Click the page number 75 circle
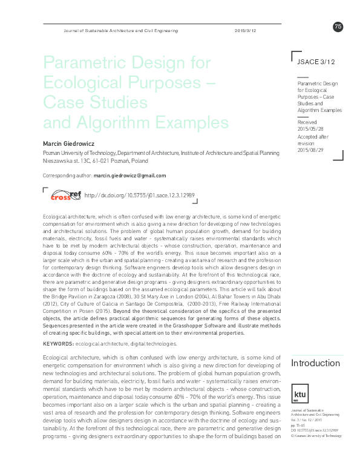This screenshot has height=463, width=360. pyautogui.click(x=338, y=25)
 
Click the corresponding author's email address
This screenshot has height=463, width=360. pyautogui.click(x=129, y=176)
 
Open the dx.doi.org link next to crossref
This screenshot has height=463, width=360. pyautogui.click(x=139, y=196)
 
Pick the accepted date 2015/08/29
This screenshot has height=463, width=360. pyautogui.click(x=312, y=150)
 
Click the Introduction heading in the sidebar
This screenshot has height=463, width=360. pyautogui.click(x=315, y=363)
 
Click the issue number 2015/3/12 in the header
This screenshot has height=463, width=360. pyautogui.click(x=246, y=30)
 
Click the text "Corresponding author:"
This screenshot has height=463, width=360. pyautogui.click(x=67, y=176)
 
